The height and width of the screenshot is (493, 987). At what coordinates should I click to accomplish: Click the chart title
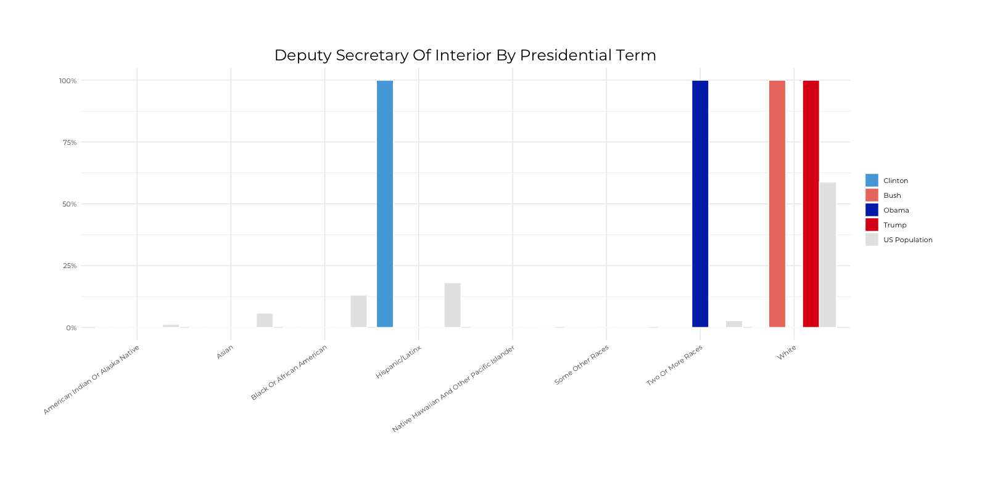tap(465, 55)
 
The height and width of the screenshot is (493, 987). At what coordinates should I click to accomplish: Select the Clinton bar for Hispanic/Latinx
tap(385, 203)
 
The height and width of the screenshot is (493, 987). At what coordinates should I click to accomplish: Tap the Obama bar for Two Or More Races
tap(700, 203)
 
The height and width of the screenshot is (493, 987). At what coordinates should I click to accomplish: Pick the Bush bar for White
tap(777, 203)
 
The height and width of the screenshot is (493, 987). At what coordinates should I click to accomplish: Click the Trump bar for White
tap(811, 203)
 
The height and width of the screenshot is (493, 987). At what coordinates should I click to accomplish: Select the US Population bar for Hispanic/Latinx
tap(452, 305)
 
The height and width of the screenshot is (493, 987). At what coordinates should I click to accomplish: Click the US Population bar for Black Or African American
tap(358, 311)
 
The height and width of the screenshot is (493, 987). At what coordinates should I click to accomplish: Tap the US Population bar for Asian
tap(265, 320)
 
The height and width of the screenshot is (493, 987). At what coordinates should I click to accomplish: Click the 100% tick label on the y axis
tap(68, 81)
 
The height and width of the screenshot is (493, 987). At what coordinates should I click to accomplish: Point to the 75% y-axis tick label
tap(69, 142)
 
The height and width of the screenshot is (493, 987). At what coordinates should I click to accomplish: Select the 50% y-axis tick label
tap(69, 204)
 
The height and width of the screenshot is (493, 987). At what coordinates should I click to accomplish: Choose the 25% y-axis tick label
tap(69, 266)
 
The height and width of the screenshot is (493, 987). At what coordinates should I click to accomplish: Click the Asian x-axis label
tap(225, 352)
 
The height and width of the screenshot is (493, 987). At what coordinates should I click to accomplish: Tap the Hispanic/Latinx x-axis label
tap(399, 362)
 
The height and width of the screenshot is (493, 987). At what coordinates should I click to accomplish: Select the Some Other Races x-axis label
tap(581, 365)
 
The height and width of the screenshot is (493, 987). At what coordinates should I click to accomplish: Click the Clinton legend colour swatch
tap(872, 181)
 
